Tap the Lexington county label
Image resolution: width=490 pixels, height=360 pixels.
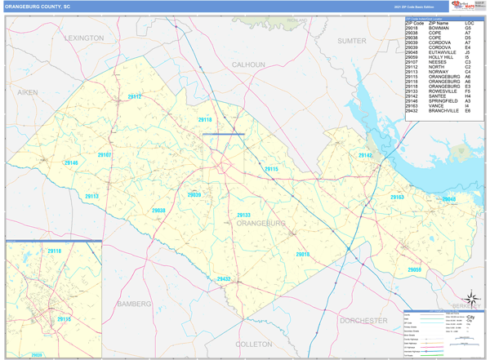tap(84, 38)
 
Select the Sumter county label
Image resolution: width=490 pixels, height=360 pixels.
tap(352, 39)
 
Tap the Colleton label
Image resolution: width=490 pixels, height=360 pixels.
tap(253, 344)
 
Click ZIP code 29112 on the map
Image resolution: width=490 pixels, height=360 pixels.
tap(135, 97)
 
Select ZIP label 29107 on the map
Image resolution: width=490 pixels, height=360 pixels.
tap(105, 154)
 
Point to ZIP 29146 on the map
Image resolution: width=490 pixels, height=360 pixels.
tap(71, 163)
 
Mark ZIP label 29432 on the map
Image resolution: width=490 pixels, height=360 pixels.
tap(224, 279)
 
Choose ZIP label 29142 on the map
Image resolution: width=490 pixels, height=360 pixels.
tap(365, 155)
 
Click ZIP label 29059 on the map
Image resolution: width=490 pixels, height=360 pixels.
tap(415, 269)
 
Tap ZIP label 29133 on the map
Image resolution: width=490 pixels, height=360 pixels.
tap(243, 215)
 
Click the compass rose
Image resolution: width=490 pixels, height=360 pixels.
tap(468, 299)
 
